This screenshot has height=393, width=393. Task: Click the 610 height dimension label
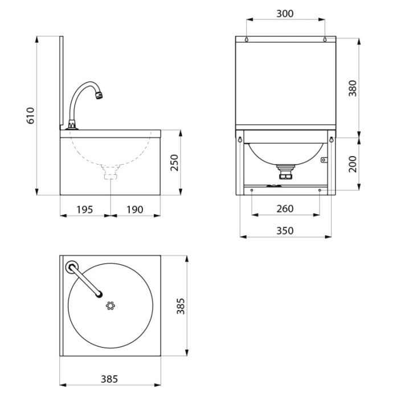click(31, 116)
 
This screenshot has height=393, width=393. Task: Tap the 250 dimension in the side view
click(174, 163)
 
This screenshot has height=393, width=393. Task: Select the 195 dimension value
click(84, 210)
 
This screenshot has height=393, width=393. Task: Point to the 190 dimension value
click(135, 210)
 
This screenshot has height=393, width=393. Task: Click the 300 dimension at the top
click(285, 14)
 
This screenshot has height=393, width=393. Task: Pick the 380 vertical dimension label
click(353, 88)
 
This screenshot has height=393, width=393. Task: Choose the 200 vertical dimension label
click(353, 164)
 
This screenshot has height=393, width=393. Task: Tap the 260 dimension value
click(285, 209)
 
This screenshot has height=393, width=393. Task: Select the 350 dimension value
click(285, 231)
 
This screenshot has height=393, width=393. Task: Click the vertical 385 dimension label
click(181, 306)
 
